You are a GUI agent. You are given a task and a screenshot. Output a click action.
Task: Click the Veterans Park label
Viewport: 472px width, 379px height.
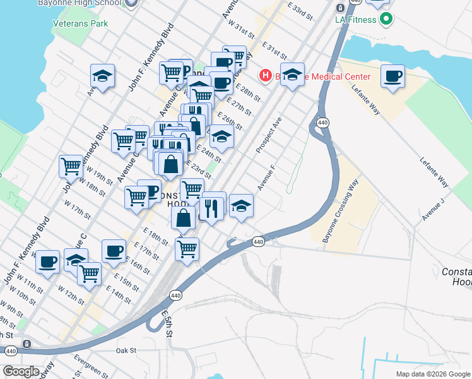81,23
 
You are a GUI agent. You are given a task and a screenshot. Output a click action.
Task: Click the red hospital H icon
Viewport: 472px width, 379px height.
266,76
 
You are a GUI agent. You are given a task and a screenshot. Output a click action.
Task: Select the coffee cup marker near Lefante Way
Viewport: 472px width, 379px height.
393,76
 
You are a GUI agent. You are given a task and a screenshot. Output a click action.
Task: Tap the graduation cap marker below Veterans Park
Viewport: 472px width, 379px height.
102,76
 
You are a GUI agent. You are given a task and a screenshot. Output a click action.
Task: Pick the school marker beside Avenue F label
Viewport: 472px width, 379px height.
240,206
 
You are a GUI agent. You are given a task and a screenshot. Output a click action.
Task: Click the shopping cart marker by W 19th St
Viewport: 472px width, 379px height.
71,167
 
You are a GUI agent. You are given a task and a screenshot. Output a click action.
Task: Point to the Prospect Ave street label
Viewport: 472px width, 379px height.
268,134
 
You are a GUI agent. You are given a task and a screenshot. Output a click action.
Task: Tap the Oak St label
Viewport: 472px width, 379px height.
126,349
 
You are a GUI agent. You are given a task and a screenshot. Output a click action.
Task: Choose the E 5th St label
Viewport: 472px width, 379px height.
166,323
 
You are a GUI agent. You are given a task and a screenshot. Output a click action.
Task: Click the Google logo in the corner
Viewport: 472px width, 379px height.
21,371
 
